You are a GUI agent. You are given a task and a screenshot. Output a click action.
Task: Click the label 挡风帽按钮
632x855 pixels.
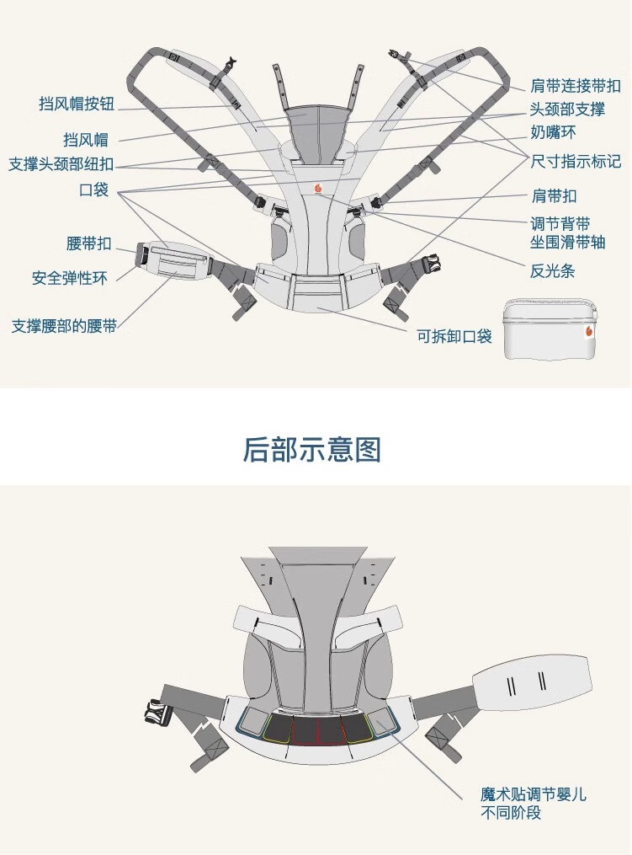(77, 104)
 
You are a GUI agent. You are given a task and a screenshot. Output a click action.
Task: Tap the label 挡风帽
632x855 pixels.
(86, 140)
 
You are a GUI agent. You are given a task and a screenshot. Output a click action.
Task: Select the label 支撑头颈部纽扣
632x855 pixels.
(61, 164)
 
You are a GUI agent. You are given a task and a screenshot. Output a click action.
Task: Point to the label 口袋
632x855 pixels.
(93, 190)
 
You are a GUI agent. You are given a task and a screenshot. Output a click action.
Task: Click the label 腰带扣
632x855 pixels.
(89, 243)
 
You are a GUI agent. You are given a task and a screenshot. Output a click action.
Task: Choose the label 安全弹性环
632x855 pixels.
(70, 278)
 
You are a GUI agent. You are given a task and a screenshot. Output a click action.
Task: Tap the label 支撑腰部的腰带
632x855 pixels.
(64, 326)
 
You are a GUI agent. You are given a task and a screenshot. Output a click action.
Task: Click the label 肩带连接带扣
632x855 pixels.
(576, 86)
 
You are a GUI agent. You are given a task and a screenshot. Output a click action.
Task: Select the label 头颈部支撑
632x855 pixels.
(568, 109)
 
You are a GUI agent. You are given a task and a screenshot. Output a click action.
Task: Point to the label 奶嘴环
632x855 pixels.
(553, 132)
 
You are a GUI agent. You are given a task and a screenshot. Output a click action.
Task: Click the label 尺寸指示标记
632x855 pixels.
(576, 162)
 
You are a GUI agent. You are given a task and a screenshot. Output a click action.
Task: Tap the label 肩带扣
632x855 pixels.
(554, 196)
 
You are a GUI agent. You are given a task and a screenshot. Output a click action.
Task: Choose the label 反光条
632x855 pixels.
(552, 271)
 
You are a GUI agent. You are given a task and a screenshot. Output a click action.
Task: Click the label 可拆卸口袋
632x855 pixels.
(454, 336)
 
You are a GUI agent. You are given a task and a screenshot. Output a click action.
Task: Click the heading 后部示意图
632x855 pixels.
(311, 450)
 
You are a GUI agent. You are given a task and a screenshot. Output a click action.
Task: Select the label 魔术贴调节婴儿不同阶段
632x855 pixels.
(534, 804)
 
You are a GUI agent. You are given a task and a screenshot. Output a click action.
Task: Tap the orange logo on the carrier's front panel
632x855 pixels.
(318, 188)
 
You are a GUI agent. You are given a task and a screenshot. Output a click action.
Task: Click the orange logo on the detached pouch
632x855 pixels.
(589, 331)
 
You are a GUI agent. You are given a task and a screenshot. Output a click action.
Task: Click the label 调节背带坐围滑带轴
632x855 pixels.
(568, 232)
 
